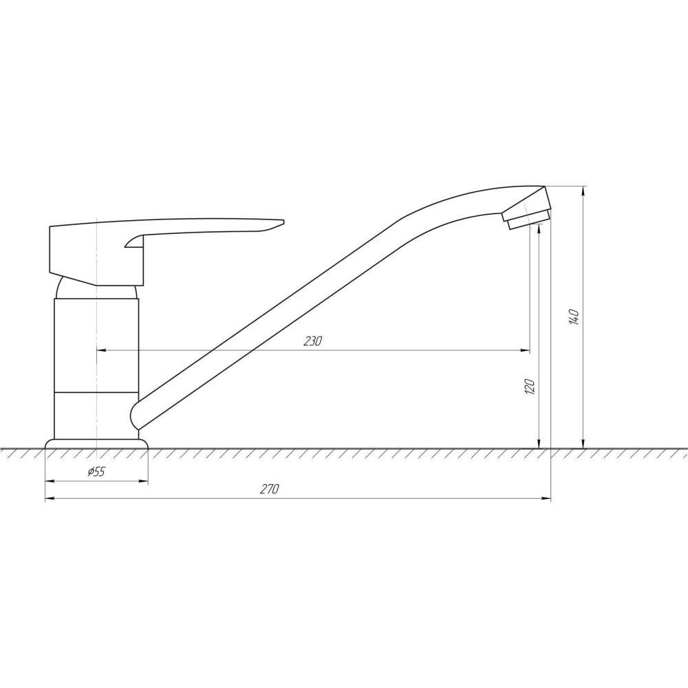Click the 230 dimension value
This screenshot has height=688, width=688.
point(312,341)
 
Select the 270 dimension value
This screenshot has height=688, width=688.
point(269,489)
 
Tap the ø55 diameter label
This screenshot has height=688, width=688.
point(96,471)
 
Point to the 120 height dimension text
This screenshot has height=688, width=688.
point(530,387)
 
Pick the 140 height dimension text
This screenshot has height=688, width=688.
point(574,317)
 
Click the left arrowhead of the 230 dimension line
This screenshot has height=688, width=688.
point(100,351)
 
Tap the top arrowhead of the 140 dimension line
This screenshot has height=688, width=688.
point(583,191)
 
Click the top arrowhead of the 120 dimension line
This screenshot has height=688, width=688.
point(539,228)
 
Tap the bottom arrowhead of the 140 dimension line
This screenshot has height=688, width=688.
point(583,444)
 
